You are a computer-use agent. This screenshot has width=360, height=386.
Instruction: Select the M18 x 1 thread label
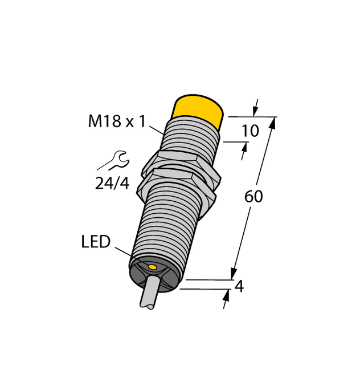[x=117, y=121]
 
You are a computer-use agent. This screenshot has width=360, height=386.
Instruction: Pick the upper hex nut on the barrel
[x=173, y=161]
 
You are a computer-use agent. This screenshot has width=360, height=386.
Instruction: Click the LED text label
[x=95, y=242]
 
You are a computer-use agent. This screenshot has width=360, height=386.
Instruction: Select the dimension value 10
[x=250, y=131]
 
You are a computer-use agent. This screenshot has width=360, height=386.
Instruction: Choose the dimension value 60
[x=253, y=197]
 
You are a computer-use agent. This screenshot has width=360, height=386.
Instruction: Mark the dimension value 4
[x=239, y=287]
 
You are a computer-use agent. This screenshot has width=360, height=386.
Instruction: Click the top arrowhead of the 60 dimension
[x=272, y=122]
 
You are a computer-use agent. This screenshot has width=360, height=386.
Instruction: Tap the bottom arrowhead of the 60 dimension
[x=234, y=274]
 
